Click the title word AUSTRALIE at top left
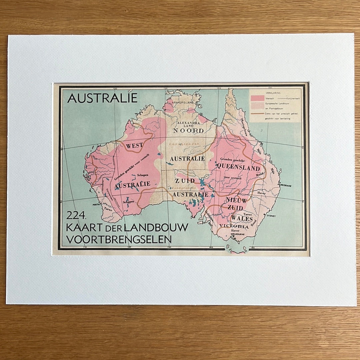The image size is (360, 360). coord(102,98)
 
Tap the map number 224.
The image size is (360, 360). coord(76,216)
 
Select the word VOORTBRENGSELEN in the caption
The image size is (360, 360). coord(119,239)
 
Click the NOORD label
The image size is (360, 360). coord(188,131)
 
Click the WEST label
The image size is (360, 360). coord(135,145)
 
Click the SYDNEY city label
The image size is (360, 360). coord(271,215)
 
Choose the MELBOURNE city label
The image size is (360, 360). coord(237,234)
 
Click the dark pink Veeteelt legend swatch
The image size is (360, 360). coord(257,98)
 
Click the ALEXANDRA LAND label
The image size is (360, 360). coord(188,124)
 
